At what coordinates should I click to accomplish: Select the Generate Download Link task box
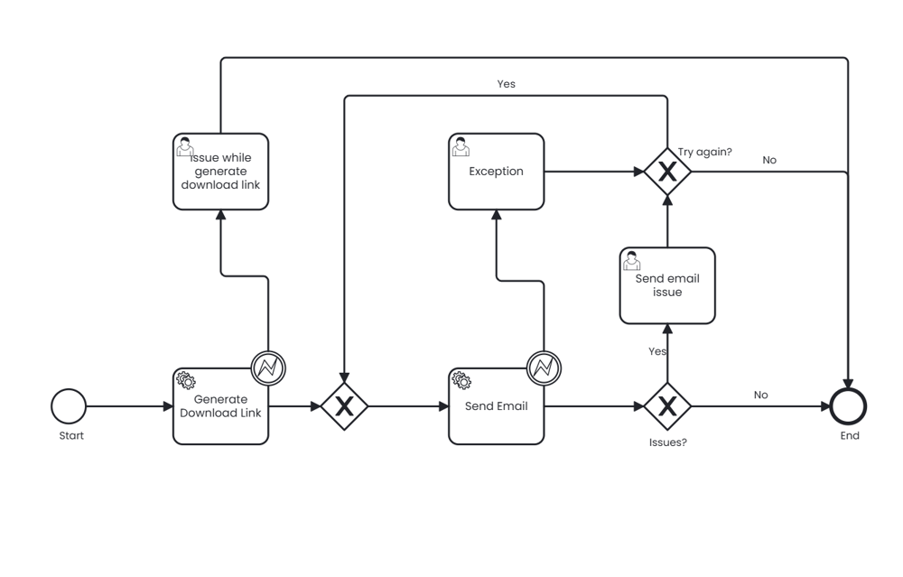point(220,406)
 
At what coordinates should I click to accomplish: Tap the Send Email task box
point(496,406)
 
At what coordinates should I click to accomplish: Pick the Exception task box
point(496,172)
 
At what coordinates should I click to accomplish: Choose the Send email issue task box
point(667,285)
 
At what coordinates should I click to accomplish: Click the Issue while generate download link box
point(220,172)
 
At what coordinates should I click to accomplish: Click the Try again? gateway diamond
point(667,172)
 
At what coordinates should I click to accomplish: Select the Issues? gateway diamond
point(667,406)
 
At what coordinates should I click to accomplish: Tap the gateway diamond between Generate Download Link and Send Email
point(344,406)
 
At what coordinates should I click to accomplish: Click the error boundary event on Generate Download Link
point(268,368)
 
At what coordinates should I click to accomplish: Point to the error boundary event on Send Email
point(544,368)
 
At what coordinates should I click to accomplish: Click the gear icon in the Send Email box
point(461,380)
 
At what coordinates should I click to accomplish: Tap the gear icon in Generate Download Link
point(185,380)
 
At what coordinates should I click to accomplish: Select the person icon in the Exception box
point(461,146)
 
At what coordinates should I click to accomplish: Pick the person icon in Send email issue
point(632,260)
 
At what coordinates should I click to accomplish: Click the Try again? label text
point(704,152)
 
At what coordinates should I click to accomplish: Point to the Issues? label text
point(667,442)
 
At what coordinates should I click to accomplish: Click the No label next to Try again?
point(769,160)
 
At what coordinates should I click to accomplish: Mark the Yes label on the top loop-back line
point(507,84)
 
